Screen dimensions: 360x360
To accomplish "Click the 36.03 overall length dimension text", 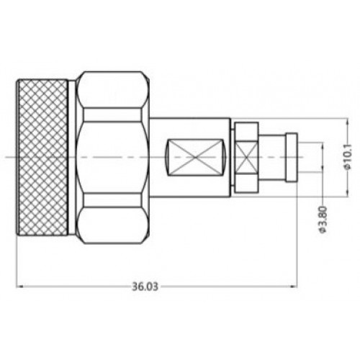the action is coord(145,287).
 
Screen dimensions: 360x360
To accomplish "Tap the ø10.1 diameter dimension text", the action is coord(348,157).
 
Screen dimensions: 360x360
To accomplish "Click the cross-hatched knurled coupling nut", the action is coord(42,157).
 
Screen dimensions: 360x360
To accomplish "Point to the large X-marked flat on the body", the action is coord(196,157).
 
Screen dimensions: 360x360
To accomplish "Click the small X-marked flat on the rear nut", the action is coord(246,157).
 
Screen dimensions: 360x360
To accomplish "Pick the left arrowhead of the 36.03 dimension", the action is coord(19,287).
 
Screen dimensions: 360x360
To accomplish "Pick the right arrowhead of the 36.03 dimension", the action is coord(294,287).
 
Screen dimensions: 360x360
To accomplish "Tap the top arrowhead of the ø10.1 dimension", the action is coord(348,122).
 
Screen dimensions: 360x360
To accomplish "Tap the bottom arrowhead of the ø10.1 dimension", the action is coord(348,193).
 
